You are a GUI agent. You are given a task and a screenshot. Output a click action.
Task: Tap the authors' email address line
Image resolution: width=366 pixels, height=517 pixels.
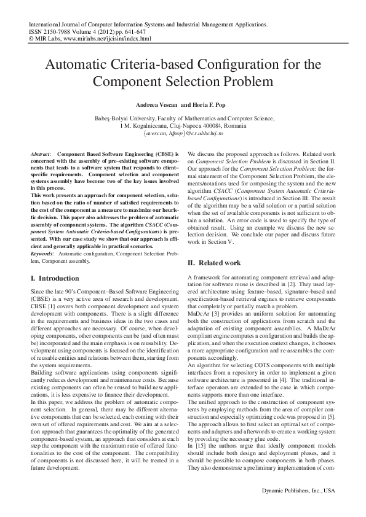pyautogui.click(x=183, y=133)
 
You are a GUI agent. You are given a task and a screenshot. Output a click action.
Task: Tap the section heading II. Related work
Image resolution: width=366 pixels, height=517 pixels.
pyautogui.click(x=213, y=263)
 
